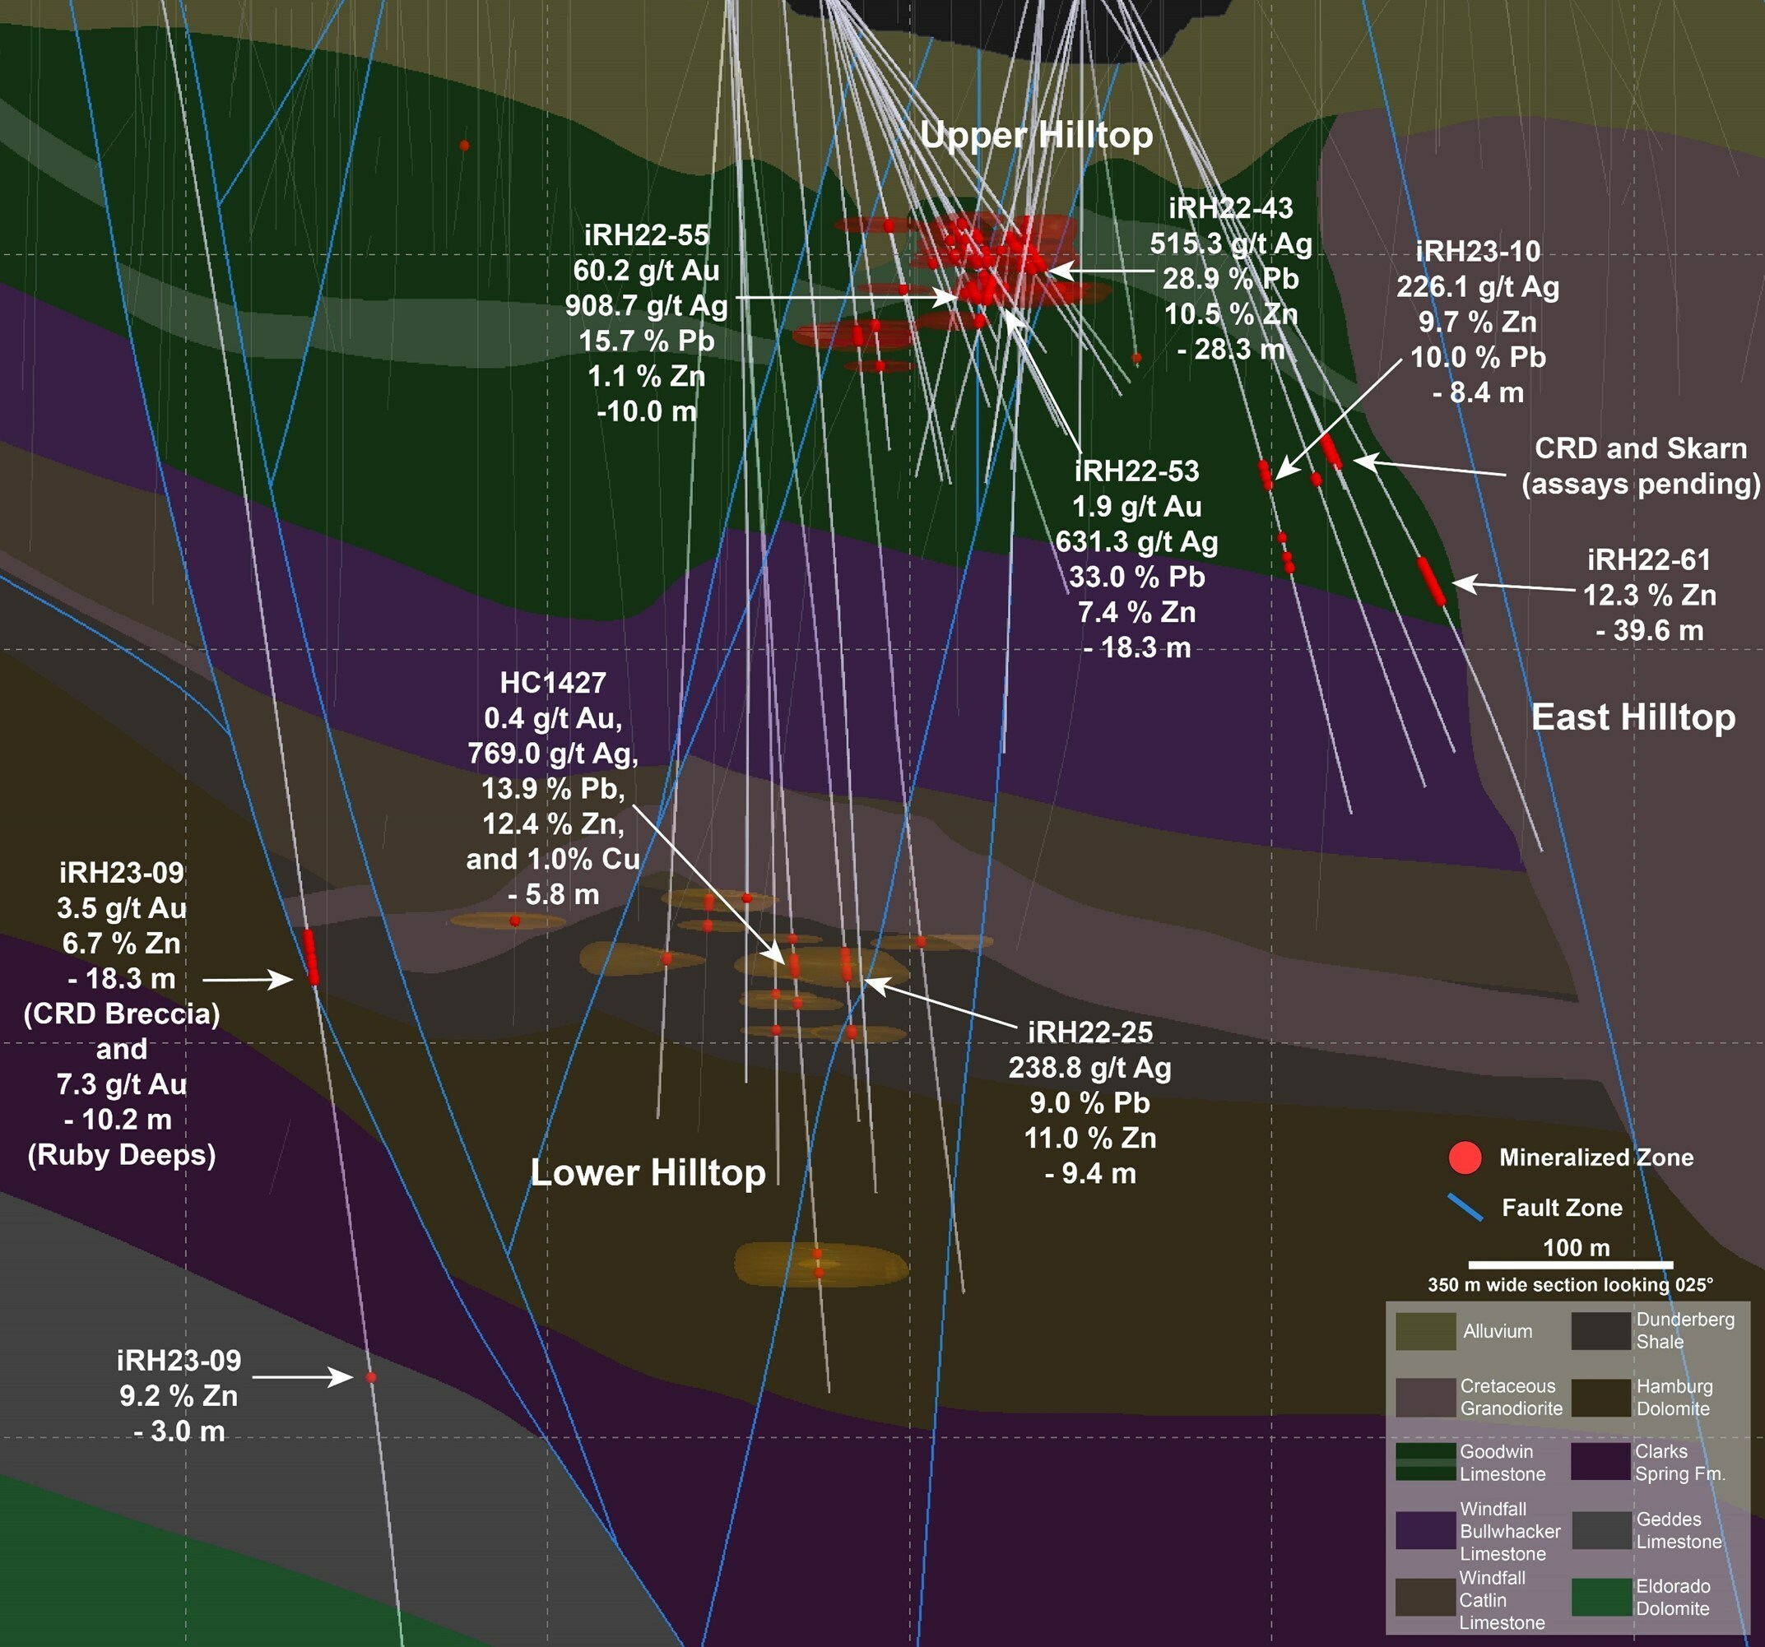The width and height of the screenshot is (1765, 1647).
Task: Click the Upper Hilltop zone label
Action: [x=1036, y=135]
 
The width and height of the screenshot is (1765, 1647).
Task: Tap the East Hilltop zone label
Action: [x=1633, y=717]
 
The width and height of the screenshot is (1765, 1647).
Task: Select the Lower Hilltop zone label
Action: [x=648, y=1173]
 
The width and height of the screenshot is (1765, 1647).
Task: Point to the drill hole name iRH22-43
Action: [x=1230, y=208]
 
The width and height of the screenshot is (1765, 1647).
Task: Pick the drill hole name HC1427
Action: [x=552, y=683]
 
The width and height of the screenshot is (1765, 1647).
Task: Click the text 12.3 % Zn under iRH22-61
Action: [x=1649, y=595]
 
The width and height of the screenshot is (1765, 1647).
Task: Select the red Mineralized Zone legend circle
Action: [x=1465, y=1158]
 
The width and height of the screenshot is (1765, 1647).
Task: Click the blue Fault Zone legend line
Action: [x=1465, y=1208]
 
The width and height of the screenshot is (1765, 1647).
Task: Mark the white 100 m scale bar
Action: [x=1570, y=1264]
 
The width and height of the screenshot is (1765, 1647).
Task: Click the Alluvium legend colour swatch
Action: [x=1425, y=1331]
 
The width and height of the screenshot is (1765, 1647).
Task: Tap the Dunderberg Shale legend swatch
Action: [x=1600, y=1331]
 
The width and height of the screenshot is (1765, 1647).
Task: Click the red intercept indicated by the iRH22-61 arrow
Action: [x=1430, y=581]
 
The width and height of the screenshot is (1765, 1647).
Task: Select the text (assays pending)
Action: [x=1640, y=484]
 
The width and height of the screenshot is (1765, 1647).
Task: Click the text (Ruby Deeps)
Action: [x=122, y=1154]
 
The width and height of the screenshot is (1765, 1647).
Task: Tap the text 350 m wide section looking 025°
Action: [x=1570, y=1285]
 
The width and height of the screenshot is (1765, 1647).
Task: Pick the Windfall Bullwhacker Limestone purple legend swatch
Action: [x=1425, y=1531]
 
